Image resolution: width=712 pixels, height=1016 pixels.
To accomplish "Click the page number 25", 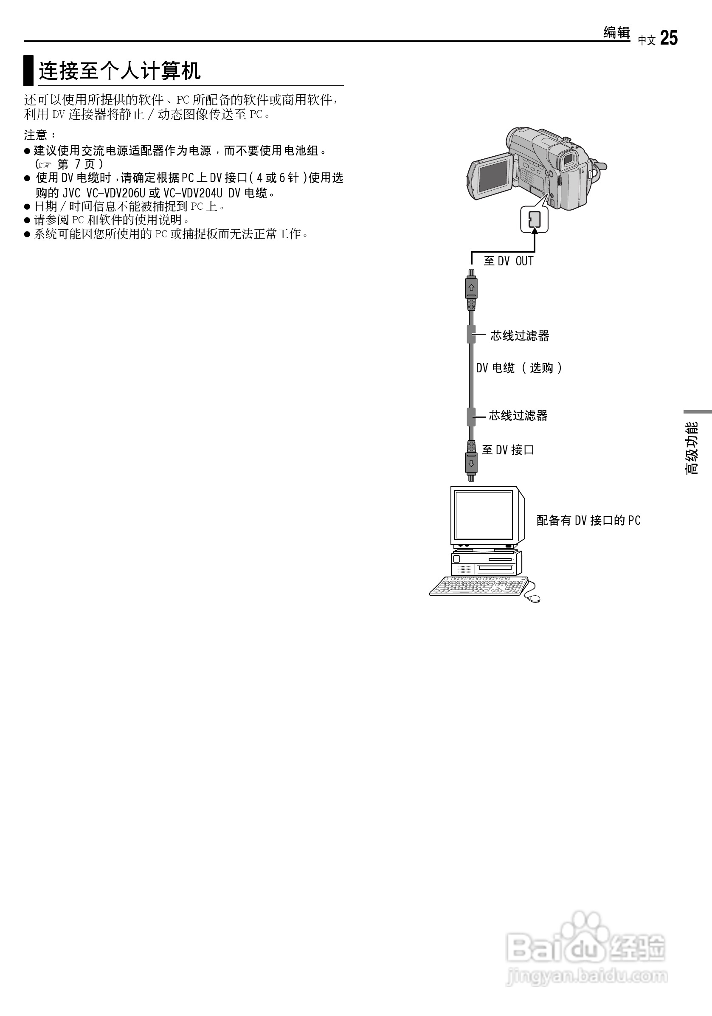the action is [669, 38].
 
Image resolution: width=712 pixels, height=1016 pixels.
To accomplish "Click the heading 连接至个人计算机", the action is [119, 71].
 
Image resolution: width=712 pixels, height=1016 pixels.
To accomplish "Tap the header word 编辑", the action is [616, 32].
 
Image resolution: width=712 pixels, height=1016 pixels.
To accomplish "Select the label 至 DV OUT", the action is [509, 261].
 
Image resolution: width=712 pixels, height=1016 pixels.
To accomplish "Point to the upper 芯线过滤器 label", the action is [520, 336].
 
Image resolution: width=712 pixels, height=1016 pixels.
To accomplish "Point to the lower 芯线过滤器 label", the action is [518, 416].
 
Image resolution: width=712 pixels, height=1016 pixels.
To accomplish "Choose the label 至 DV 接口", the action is [508, 450].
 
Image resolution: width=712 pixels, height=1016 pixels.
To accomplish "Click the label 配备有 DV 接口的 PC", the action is [588, 521].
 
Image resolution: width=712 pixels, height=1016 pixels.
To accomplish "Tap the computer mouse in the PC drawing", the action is [532, 598].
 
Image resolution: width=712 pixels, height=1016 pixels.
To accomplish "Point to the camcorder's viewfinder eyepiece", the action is [569, 159].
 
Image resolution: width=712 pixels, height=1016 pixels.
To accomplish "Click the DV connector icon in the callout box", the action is [534, 219].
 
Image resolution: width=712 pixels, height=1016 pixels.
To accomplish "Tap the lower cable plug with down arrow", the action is [471, 463].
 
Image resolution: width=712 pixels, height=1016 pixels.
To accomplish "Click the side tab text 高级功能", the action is [692, 448].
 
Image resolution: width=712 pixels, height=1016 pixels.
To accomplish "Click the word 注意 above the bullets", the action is [36, 135].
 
